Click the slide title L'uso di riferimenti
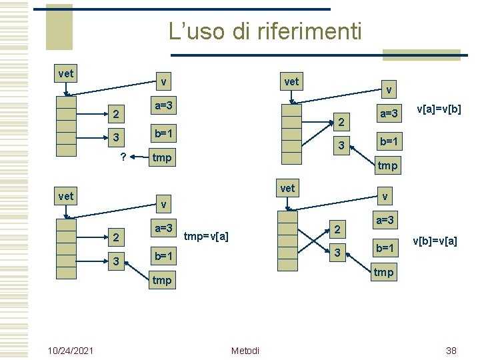(265, 31)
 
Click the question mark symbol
(123, 157)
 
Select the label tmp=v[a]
(207, 235)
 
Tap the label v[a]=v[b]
(439, 109)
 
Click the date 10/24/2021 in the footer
(71, 351)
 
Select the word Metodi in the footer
(245, 351)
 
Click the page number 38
(451, 351)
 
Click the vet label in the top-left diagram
(66, 73)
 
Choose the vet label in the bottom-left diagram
(66, 196)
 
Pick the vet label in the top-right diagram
(291, 82)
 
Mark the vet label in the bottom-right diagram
(287, 188)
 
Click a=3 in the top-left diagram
(164, 106)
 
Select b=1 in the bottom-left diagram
(164, 256)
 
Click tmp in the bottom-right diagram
(383, 272)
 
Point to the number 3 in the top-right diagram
(341, 146)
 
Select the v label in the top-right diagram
(389, 89)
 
